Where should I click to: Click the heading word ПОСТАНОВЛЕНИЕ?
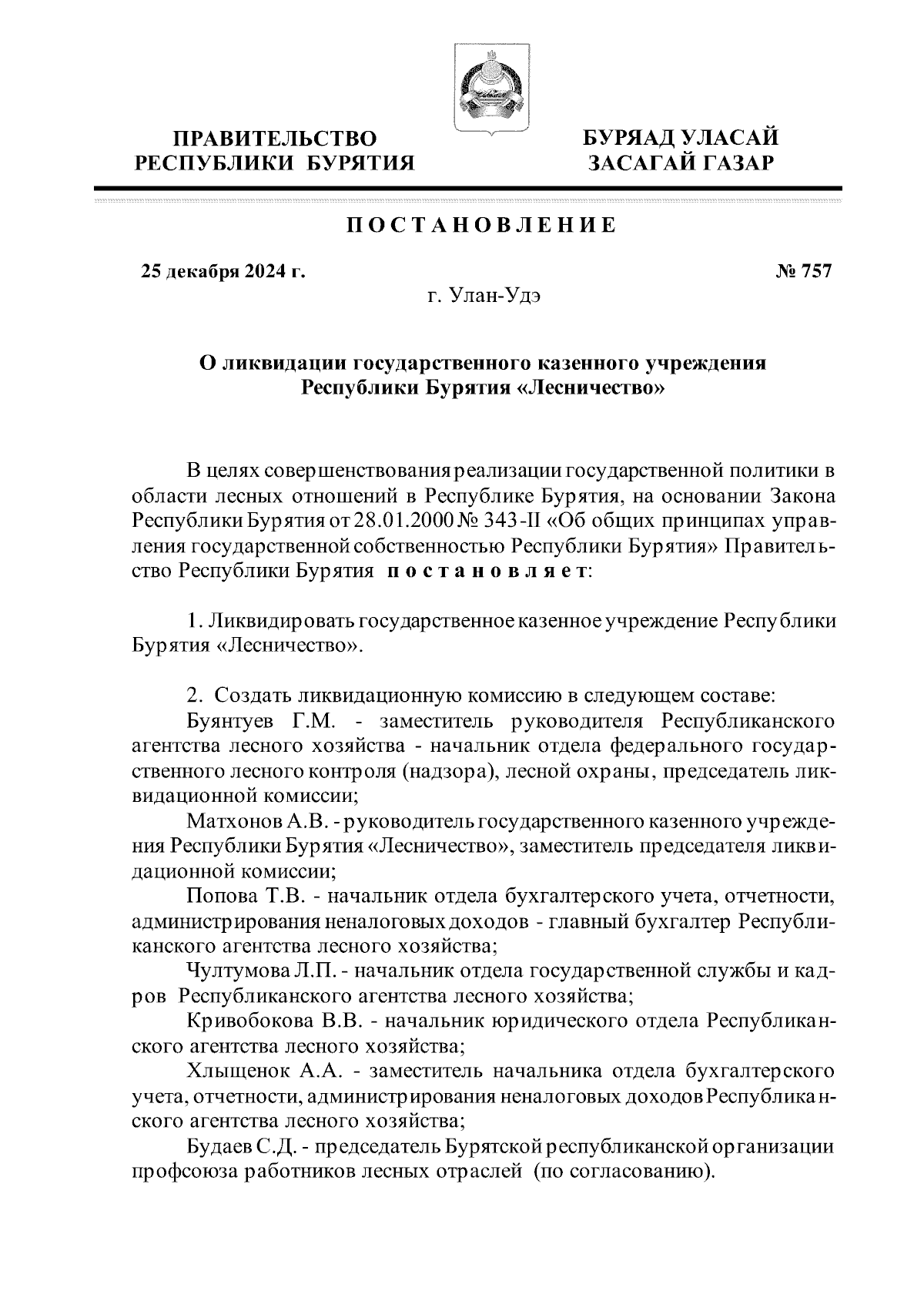pyautogui.click(x=480, y=225)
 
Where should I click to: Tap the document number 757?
pyautogui.click(x=815, y=271)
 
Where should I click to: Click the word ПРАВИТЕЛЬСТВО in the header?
pyautogui.click(x=275, y=139)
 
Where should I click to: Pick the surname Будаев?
pyautogui.click(x=219, y=1145)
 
